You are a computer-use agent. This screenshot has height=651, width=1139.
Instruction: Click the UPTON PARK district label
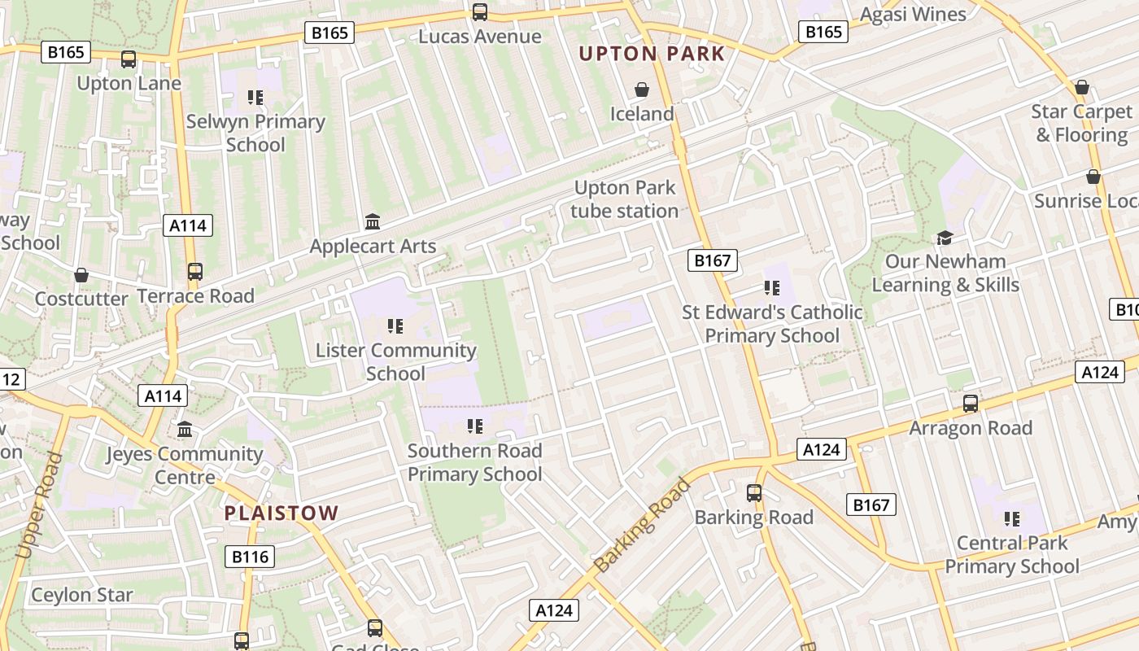click(x=651, y=55)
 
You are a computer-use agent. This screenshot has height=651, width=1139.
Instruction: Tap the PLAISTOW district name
click(x=281, y=513)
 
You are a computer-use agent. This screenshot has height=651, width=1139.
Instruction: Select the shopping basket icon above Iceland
click(x=642, y=90)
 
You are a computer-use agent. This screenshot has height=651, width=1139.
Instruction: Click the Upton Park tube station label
click(x=624, y=199)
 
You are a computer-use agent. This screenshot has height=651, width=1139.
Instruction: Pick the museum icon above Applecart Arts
click(x=373, y=221)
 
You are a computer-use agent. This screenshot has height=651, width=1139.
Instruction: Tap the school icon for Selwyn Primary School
click(x=255, y=98)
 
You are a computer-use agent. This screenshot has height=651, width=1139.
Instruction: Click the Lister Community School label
click(x=396, y=362)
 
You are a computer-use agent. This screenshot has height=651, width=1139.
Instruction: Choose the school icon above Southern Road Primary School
click(x=475, y=426)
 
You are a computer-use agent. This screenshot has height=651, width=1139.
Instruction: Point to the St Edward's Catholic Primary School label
click(x=772, y=324)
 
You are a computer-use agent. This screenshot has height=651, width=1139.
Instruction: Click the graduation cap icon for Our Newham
click(x=945, y=237)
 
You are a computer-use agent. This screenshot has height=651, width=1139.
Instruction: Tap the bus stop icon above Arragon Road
click(x=971, y=403)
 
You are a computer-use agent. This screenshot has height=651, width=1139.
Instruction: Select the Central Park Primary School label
click(x=1012, y=554)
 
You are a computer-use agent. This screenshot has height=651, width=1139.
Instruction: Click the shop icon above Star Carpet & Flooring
click(x=1082, y=87)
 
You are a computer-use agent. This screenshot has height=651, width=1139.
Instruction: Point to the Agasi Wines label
click(x=913, y=15)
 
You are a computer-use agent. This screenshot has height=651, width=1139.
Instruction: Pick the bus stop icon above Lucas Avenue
click(x=480, y=12)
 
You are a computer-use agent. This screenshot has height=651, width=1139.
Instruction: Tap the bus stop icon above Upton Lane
click(x=129, y=59)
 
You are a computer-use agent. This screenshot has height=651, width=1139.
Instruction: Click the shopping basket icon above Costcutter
click(x=81, y=275)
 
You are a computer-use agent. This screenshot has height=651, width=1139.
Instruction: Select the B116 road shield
click(x=250, y=557)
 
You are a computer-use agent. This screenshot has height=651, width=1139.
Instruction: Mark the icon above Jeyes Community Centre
click(x=185, y=429)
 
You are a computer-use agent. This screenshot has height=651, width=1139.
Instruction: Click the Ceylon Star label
click(x=81, y=595)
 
